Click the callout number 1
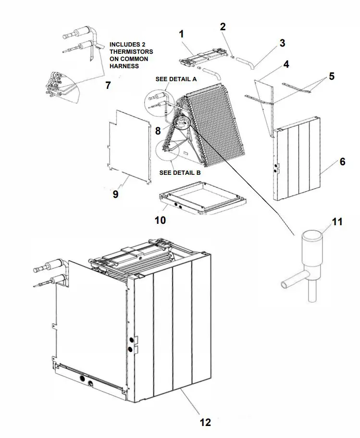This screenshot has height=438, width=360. [181, 34]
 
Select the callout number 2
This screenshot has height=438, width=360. [223, 26]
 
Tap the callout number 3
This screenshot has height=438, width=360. [282, 43]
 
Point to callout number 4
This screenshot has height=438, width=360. [286, 64]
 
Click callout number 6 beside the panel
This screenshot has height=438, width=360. [342, 161]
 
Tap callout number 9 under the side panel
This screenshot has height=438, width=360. [115, 194]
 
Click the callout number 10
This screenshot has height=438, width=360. [160, 220]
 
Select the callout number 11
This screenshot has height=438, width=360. [337, 221]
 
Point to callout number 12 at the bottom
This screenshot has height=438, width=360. [205, 422]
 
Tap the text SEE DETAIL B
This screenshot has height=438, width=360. [180, 172]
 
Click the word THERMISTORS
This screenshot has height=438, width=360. [132, 51]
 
